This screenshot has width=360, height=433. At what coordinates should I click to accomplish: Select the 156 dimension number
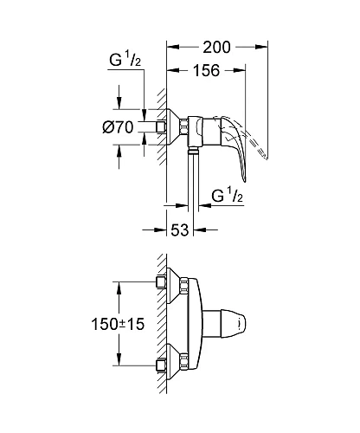[x=203, y=74]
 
